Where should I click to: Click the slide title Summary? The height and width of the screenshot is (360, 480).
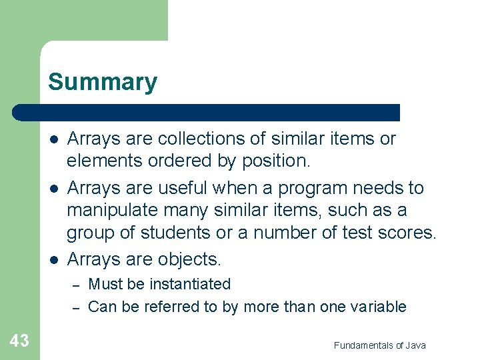[x=103, y=82]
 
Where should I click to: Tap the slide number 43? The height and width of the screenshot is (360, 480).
[x=19, y=341]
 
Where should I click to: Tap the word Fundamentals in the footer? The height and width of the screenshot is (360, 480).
[x=364, y=345]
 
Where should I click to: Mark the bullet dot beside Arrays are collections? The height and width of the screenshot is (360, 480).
[x=53, y=139]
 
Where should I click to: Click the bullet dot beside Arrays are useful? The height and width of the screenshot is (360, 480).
[x=53, y=189]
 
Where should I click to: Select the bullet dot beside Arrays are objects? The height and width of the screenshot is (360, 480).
[x=53, y=259]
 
